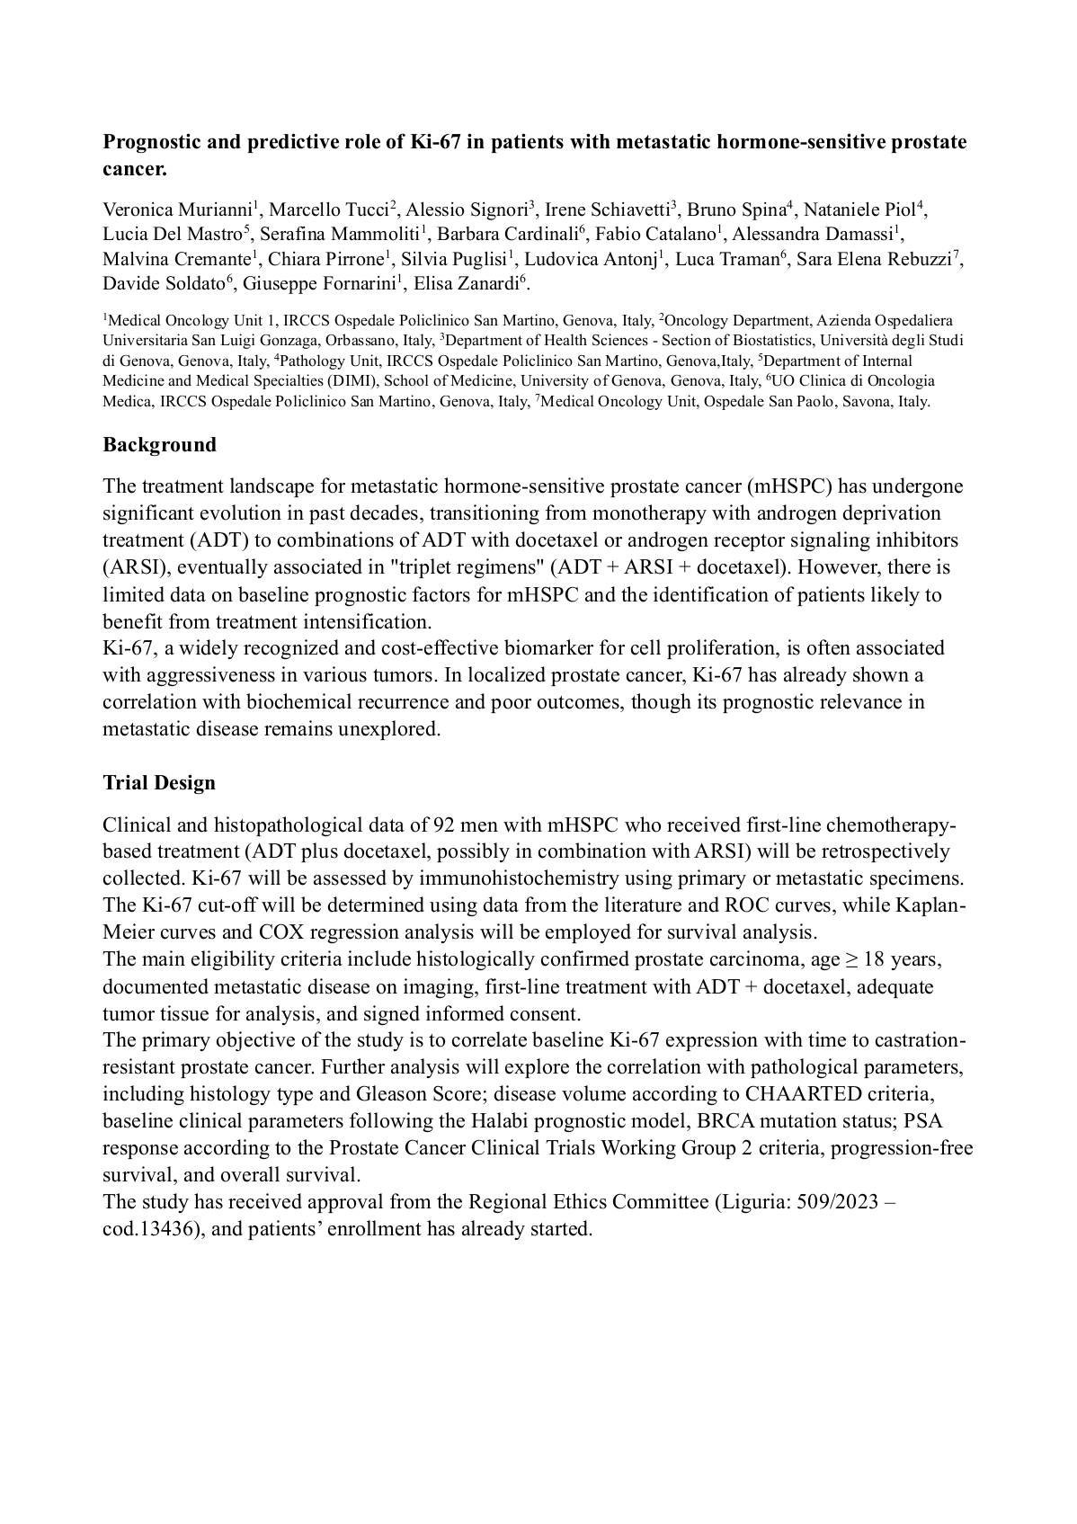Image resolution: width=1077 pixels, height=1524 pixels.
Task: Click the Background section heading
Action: coord(159,445)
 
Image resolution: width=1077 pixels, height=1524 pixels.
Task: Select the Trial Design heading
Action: coord(159,782)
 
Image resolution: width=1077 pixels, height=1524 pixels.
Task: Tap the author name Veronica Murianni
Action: coord(178,210)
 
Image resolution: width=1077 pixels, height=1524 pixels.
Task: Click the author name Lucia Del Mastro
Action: coord(173,235)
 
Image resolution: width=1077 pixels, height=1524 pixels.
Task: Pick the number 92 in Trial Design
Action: coord(444,824)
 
